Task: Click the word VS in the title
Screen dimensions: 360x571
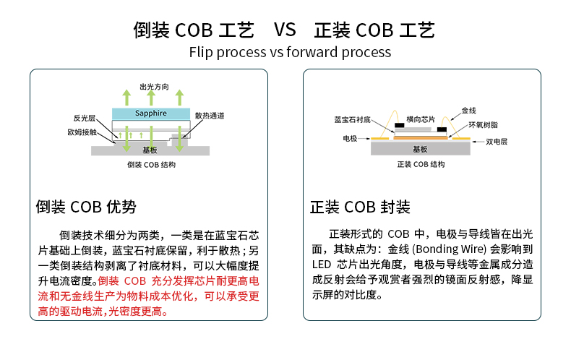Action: (285, 30)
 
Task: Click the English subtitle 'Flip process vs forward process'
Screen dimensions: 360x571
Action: (289, 52)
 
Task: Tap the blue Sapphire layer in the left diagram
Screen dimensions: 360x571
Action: (150, 114)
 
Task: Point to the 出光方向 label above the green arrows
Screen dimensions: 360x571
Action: (154, 86)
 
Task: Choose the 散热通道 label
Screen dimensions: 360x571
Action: (210, 116)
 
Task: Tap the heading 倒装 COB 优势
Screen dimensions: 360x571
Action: (85, 207)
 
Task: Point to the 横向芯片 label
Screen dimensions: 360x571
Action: (421, 119)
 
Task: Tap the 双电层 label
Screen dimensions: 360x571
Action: (497, 142)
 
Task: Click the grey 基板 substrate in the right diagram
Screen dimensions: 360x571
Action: (420, 149)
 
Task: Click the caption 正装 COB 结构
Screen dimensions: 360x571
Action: (421, 165)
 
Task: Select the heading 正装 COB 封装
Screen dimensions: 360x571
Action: (360, 207)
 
